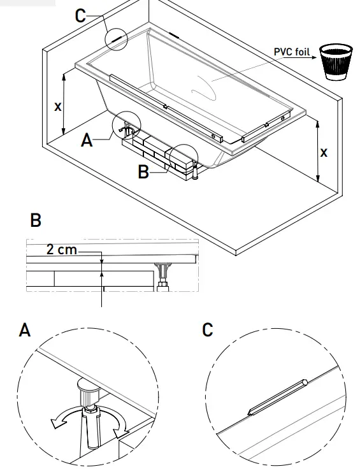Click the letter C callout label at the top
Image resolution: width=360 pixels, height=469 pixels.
coord(80,15)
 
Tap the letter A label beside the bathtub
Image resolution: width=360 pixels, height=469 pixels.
coord(87,140)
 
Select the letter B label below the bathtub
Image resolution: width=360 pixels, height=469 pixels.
coord(144,172)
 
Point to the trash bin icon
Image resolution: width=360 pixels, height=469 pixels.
coord(336,61)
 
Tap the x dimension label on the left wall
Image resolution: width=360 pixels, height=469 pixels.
coord(58,106)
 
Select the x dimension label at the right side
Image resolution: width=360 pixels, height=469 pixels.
coord(324,153)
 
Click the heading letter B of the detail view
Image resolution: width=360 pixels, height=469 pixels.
coord(36,220)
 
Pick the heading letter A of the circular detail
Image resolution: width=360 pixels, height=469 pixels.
coord(25,330)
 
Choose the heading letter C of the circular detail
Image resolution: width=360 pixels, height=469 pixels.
coord(207,330)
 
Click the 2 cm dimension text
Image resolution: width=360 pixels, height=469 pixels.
coord(62,250)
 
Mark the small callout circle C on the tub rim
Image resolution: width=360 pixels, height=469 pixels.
coord(117,38)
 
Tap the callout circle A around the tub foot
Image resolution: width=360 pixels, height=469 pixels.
coord(125,126)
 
